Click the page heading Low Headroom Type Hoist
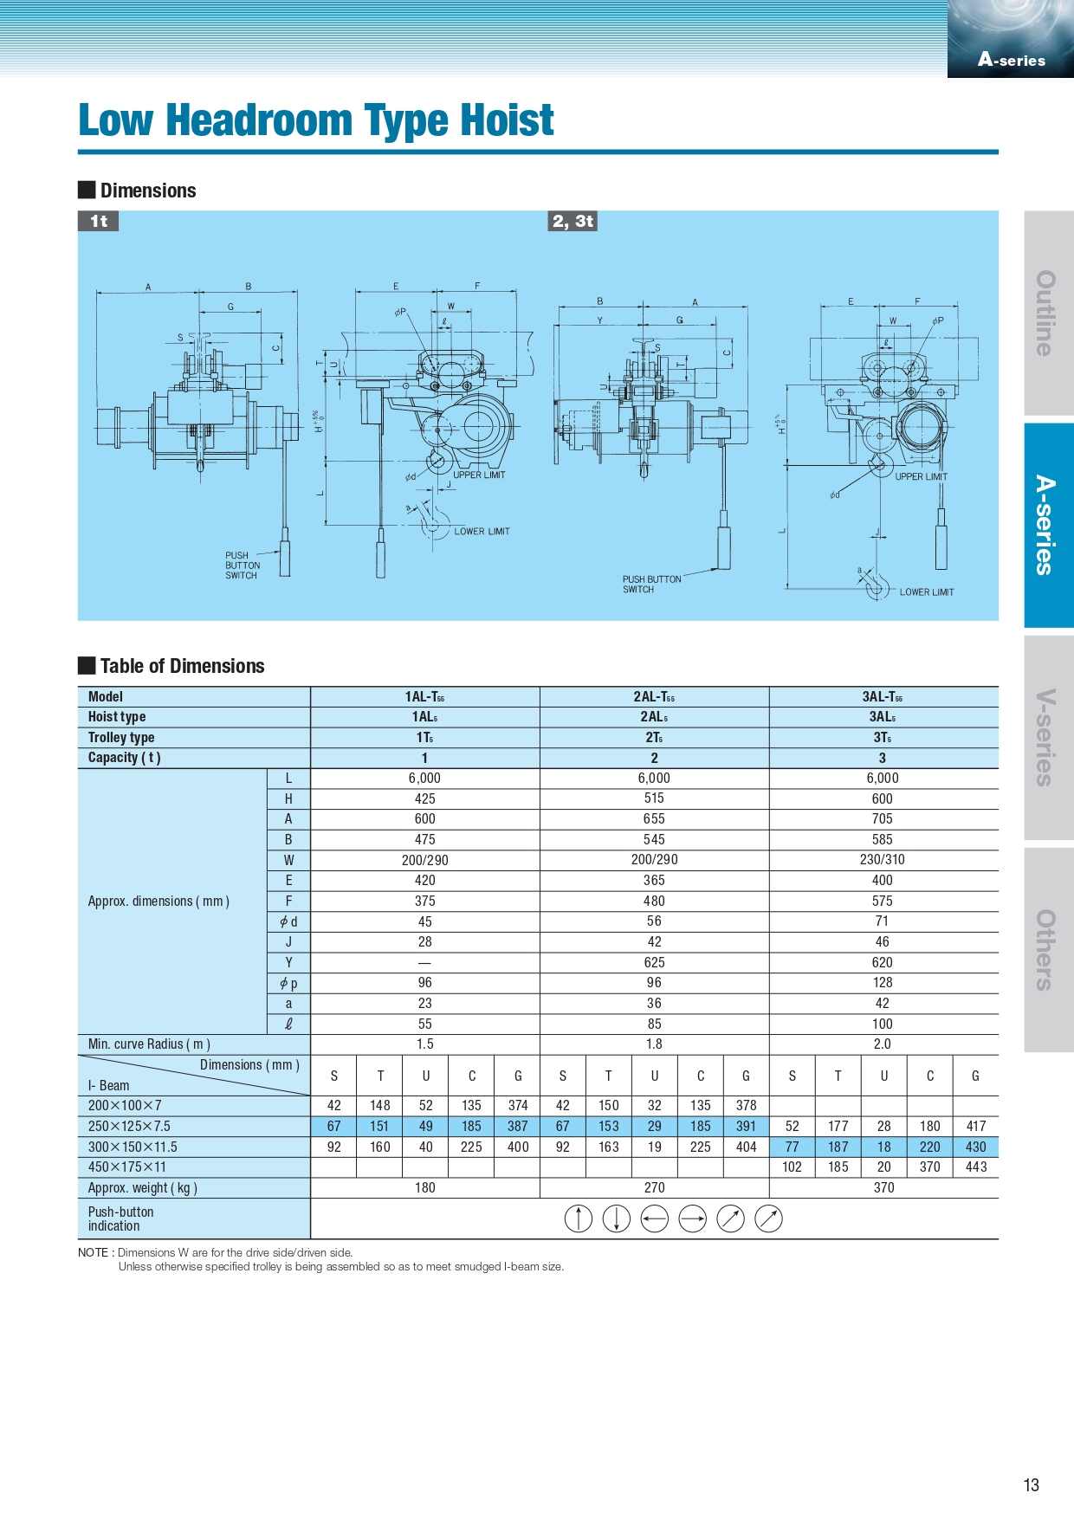pyautogui.click(x=315, y=120)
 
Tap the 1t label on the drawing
pyautogui.click(x=99, y=221)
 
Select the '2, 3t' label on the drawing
pyautogui.click(x=573, y=221)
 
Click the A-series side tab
pyautogui.click(x=1049, y=525)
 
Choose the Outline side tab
pyautogui.click(x=1049, y=313)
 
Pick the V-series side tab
pyautogui.click(x=1049, y=737)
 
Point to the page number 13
pyautogui.click(x=1031, y=1485)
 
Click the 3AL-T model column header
pyautogui.click(x=883, y=697)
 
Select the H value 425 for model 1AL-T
pyautogui.click(x=425, y=798)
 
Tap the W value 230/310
pyautogui.click(x=883, y=860)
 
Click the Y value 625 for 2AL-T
pyautogui.click(x=654, y=962)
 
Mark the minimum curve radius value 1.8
pyautogui.click(x=654, y=1044)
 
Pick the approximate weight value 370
pyautogui.click(x=883, y=1188)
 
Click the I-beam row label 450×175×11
pyautogui.click(x=126, y=1167)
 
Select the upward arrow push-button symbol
pyautogui.click(x=578, y=1218)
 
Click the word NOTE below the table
pyautogui.click(x=93, y=1252)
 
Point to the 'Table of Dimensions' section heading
pyautogui.click(x=182, y=666)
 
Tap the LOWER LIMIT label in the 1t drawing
pyautogui.click(x=482, y=532)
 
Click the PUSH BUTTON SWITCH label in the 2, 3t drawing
pyautogui.click(x=651, y=585)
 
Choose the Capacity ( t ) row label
pyautogui.click(x=124, y=758)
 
